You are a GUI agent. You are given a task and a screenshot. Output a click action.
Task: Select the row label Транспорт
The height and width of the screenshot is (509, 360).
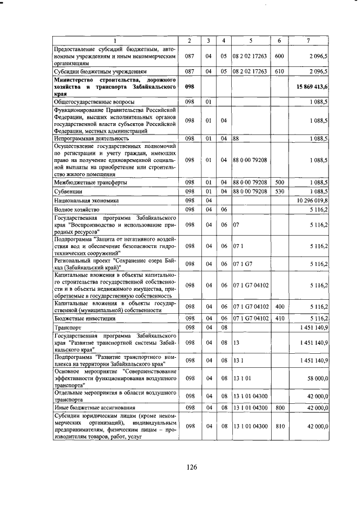67,327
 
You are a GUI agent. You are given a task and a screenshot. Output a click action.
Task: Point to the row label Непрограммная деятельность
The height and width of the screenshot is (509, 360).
91,138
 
